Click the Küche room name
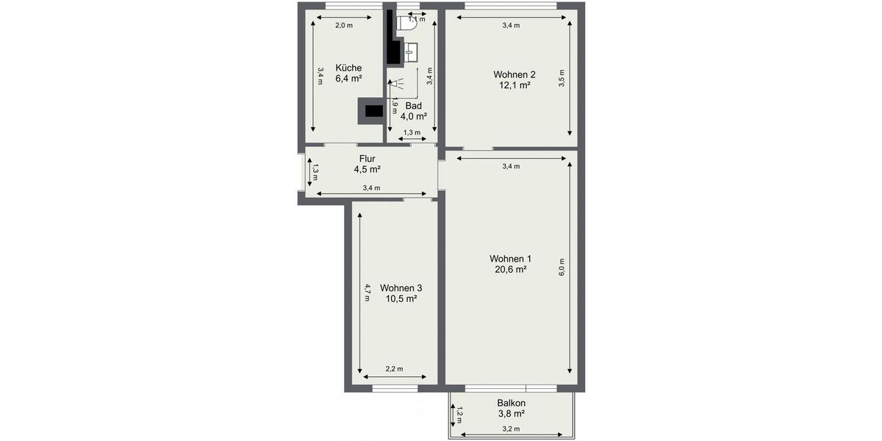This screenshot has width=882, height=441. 349,68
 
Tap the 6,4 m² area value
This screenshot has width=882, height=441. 349,79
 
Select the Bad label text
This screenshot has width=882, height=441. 413,105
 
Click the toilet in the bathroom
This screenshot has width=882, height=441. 408,23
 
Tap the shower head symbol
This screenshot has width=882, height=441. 395,85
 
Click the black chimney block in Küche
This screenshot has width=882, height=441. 371,111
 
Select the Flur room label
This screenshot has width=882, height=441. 367,159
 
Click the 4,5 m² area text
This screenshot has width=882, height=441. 367,169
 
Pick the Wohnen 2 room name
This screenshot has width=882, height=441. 514,74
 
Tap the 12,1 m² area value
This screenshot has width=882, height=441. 514,85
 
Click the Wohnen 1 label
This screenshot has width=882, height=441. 510,259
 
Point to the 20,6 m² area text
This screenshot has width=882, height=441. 510,270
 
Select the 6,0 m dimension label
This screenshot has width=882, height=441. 562,265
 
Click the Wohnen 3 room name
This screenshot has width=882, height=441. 401,287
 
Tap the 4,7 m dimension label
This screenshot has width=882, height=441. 367,292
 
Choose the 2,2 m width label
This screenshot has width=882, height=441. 395,370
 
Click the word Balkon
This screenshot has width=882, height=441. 511,404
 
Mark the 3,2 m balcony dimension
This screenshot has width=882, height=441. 511,429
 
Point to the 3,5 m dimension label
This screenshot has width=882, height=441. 562,79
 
